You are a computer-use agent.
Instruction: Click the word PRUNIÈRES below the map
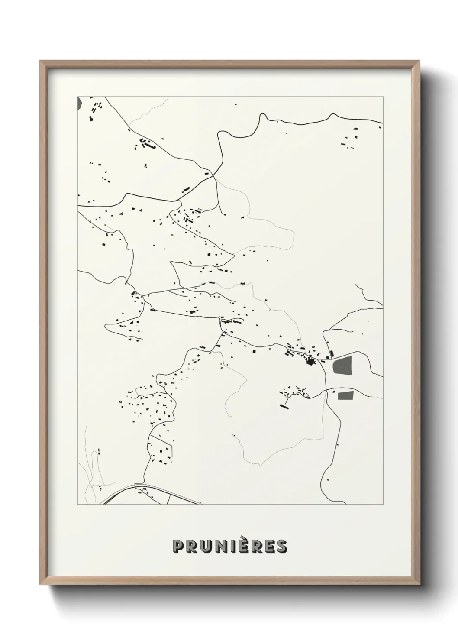click(x=229, y=546)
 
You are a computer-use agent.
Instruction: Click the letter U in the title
click(x=204, y=547)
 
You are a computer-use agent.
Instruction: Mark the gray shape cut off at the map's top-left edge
click(x=79, y=103)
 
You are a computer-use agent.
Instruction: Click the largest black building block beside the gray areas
click(x=310, y=362)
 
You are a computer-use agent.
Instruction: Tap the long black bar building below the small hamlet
click(x=284, y=406)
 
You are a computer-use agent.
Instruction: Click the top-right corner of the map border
click(x=383, y=97)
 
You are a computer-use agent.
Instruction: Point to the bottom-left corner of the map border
click(x=77, y=505)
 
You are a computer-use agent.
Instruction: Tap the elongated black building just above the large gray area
click(x=332, y=354)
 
